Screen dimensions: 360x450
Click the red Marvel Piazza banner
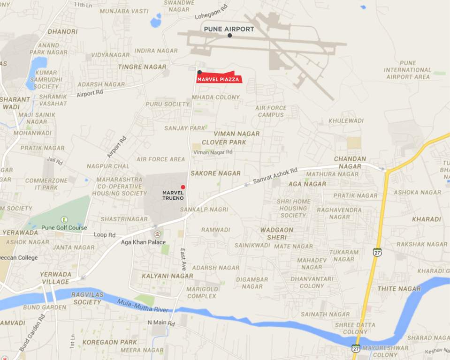click(x=219, y=79)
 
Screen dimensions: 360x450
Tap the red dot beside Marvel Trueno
click(x=183, y=187)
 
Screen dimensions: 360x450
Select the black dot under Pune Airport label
click(x=229, y=36)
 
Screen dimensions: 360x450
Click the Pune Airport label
click(x=229, y=29)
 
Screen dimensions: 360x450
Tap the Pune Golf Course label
click(x=64, y=228)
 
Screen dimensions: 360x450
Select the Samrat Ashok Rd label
click(x=275, y=176)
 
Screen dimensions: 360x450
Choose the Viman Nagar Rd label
click(x=213, y=152)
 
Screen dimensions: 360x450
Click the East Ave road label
click(x=183, y=259)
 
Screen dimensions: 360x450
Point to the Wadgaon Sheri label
click(x=277, y=233)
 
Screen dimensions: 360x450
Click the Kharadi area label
click(x=427, y=219)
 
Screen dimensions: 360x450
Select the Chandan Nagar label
click(x=350, y=163)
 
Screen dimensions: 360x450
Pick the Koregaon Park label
click(x=110, y=342)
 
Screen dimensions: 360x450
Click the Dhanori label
click(x=62, y=32)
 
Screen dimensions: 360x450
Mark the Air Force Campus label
click(x=271, y=111)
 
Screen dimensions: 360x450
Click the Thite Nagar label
click(x=399, y=289)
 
